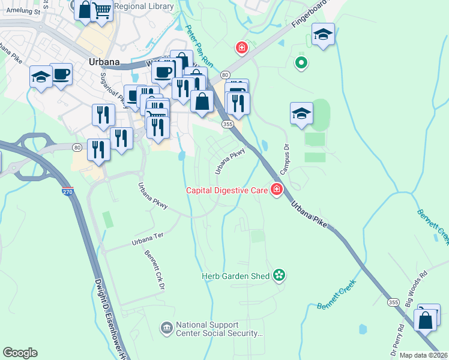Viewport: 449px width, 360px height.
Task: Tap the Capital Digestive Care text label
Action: [226, 190]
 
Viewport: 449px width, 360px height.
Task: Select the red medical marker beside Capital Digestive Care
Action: [277, 190]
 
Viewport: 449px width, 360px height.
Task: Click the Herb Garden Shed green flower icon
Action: [279, 275]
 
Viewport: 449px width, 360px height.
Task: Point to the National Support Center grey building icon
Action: [166, 328]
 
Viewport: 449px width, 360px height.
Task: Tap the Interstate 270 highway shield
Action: [67, 192]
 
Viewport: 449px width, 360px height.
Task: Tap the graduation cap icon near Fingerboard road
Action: [323, 35]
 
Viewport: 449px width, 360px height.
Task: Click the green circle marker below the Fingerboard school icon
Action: [301, 62]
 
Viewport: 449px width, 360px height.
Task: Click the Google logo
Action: [20, 353]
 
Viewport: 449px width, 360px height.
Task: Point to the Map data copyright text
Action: [423, 355]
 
